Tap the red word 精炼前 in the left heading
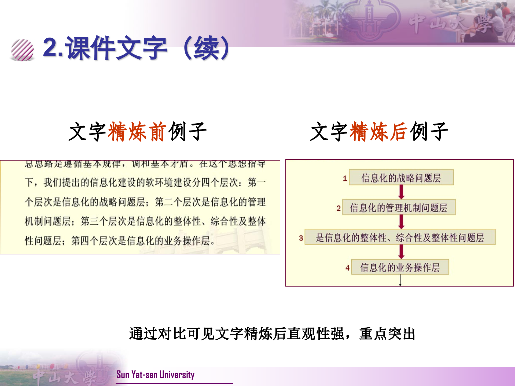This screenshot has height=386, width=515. (x=137, y=131)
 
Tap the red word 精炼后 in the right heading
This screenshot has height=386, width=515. (x=379, y=131)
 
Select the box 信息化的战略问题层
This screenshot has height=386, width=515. (x=401, y=177)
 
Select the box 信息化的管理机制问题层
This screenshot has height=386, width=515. (x=399, y=207)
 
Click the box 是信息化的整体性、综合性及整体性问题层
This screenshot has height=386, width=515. (x=400, y=237)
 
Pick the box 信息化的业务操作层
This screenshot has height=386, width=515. (x=400, y=267)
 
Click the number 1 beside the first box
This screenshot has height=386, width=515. (x=345, y=179)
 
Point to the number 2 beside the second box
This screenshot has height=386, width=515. (x=339, y=208)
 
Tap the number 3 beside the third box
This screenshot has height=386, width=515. (x=301, y=238)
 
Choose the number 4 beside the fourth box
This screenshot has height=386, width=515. (x=347, y=268)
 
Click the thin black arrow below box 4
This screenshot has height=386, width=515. (x=400, y=280)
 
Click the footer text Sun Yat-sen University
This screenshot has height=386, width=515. (x=155, y=374)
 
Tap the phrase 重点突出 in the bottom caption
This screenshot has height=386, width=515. (x=387, y=334)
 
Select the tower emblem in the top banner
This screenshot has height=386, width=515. (x=370, y=20)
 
